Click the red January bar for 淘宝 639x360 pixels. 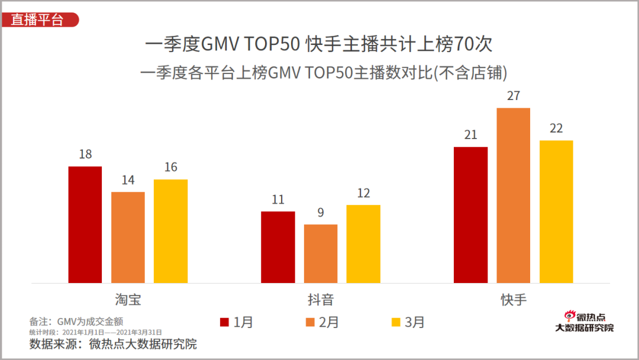tap(85, 224)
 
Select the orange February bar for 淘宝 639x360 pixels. tap(128, 237)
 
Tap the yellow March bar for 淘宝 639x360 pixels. tap(170, 231)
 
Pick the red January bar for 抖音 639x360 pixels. tap(278, 247)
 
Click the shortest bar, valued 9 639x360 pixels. tap(321, 253)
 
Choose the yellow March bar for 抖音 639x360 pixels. tap(363, 244)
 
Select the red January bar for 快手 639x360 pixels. tap(470, 214)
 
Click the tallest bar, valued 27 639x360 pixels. tap(514, 195)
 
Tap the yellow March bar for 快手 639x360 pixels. tap(556, 211)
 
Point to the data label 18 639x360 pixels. tap(85, 154)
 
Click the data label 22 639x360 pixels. tap(556, 128)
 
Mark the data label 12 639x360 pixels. tap(363, 193)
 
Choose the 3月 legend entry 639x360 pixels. tap(408, 322)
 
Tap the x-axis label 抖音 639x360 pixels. tap(321, 298)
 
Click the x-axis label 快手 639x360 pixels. tap(514, 298)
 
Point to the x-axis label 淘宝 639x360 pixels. tap(128, 298)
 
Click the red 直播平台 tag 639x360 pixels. tap(39, 20)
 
